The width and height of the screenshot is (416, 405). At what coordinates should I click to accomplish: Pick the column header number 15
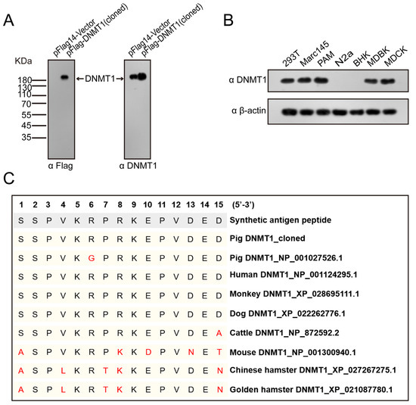[219, 204]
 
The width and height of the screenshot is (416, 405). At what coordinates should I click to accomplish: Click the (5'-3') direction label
[248, 204]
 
